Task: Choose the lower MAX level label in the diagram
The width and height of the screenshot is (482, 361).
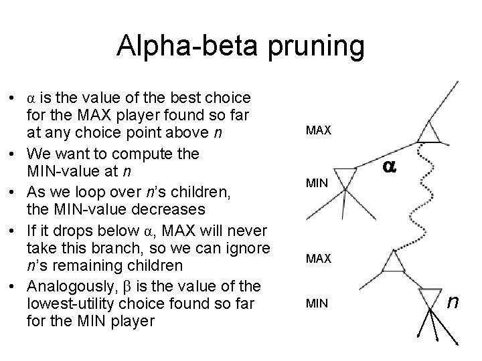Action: tap(319, 258)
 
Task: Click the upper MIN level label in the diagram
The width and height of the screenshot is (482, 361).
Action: tap(317, 183)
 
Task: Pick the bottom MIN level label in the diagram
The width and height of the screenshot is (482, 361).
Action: tap(317, 304)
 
